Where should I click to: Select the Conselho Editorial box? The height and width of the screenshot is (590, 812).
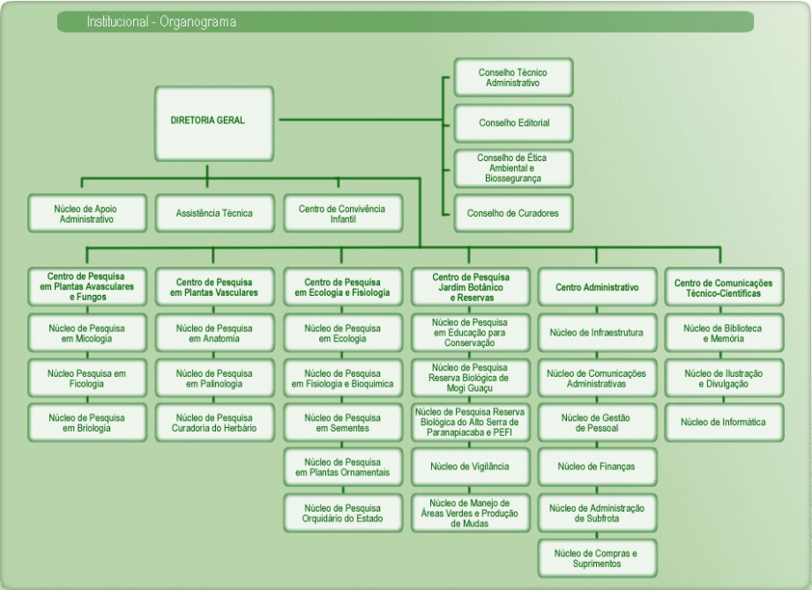click(x=514, y=123)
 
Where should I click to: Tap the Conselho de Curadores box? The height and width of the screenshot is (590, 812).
click(x=514, y=212)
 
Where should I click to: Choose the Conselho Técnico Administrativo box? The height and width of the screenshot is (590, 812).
click(x=514, y=77)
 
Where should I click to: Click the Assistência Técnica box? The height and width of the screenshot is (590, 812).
click(x=214, y=213)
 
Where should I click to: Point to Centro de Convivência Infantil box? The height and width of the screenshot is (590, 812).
click(x=341, y=213)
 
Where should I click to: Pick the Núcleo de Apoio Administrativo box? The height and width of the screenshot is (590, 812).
click(x=86, y=213)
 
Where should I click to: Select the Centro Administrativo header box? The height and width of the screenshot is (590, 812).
click(x=597, y=288)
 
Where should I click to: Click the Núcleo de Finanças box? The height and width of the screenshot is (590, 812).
click(x=597, y=466)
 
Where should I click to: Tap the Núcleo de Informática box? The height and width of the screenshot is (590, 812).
click(x=723, y=422)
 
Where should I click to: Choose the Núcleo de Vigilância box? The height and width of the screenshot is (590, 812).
click(x=470, y=466)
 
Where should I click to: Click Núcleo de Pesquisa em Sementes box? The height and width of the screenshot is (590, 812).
click(x=342, y=423)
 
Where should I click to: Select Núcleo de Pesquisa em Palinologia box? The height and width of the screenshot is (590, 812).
click(x=214, y=379)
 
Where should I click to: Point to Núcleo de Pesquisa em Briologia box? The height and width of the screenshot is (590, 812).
click(x=86, y=423)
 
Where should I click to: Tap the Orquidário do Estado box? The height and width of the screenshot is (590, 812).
click(x=342, y=513)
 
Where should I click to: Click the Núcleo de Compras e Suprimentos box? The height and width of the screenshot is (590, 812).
click(x=597, y=557)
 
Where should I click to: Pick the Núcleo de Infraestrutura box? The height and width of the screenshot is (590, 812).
click(x=597, y=333)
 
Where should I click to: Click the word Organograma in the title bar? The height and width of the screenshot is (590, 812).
click(x=198, y=21)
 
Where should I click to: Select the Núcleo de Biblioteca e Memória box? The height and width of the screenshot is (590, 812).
click(x=723, y=333)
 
